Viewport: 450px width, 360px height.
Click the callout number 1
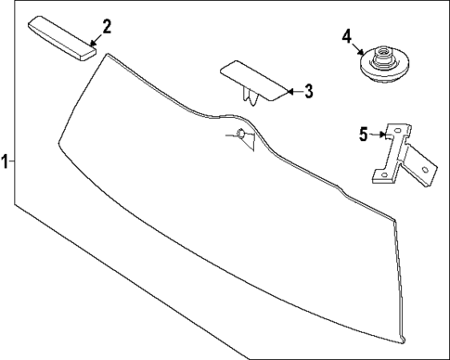[6, 161]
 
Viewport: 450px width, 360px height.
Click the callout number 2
[107, 26]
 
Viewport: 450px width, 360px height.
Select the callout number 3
[309, 91]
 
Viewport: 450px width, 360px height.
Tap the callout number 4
[346, 36]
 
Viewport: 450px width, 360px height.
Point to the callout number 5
[364, 134]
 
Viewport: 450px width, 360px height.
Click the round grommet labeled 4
[380, 65]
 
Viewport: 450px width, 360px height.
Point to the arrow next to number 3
[292, 91]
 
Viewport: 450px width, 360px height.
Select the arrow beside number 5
[380, 135]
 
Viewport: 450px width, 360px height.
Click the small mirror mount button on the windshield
[240, 134]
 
